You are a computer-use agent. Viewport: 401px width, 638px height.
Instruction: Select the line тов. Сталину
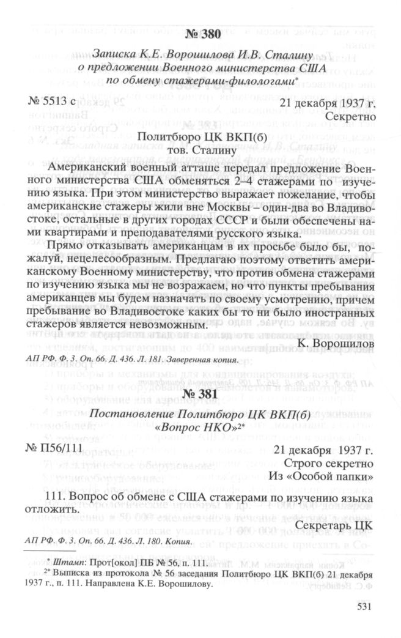pyautogui.click(x=200, y=150)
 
